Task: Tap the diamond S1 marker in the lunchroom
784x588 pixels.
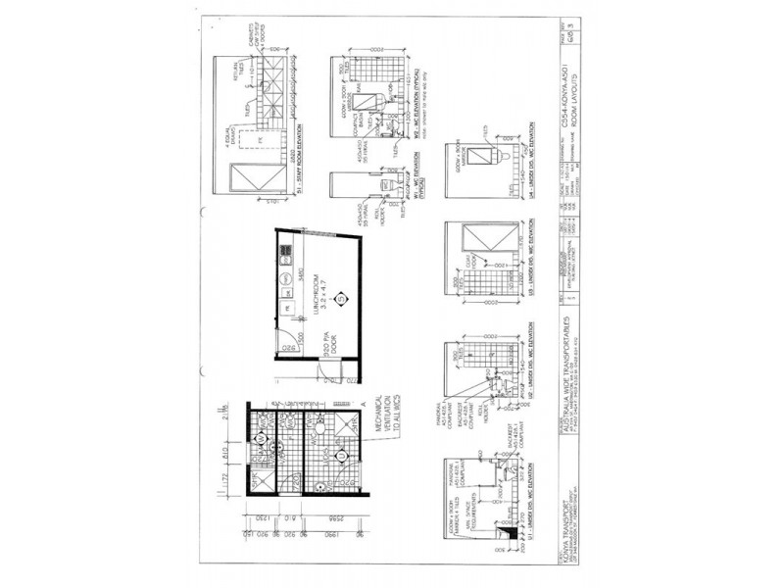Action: coord(340,298)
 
